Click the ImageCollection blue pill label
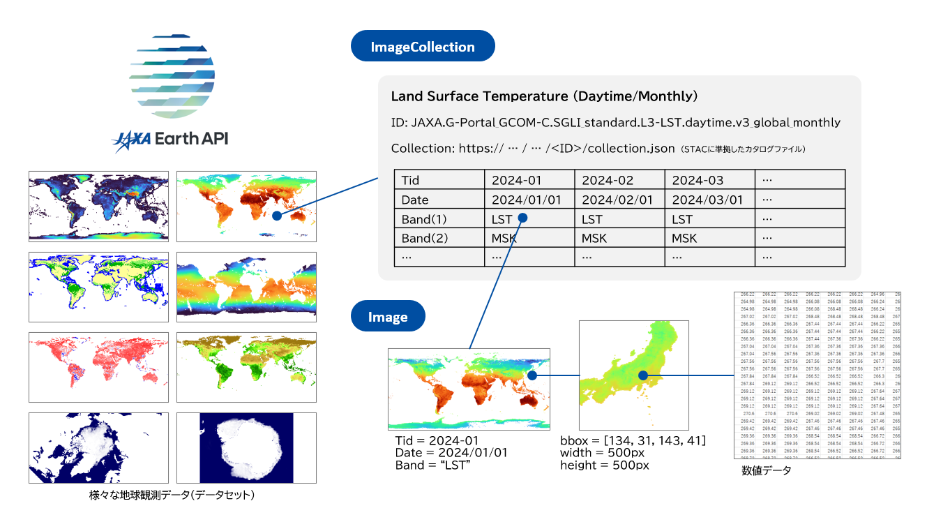tap(423, 47)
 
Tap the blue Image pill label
tap(388, 318)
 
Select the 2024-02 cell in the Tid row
tap(619, 180)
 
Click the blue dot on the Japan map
tap(643, 375)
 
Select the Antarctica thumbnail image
tap(246, 448)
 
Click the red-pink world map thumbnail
tap(98, 367)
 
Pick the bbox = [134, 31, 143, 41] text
tap(633, 441)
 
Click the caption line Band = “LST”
tap(435, 465)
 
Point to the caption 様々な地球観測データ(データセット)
tap(172, 495)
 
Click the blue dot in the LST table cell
tap(523, 218)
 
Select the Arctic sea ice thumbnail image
tap(98, 448)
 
